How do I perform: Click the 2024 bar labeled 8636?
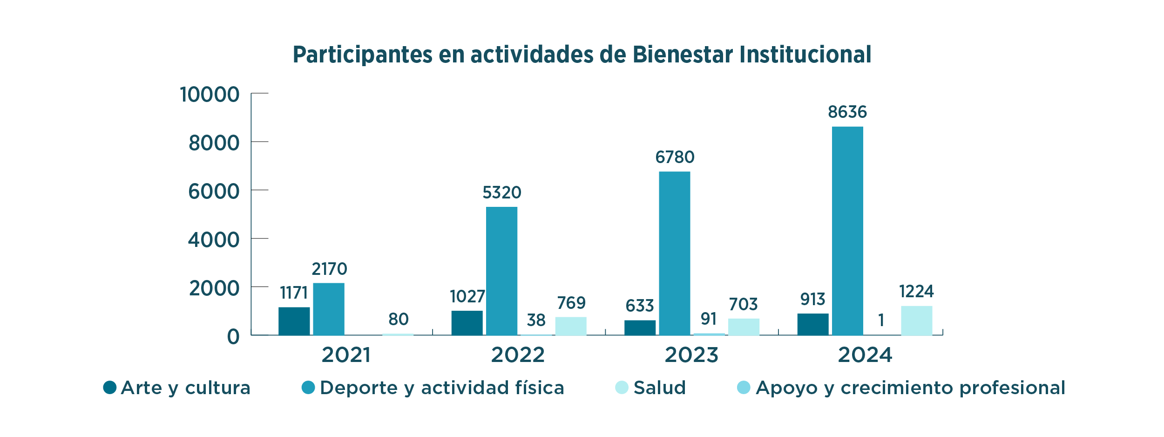click(847, 231)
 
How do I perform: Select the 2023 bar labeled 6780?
click(675, 253)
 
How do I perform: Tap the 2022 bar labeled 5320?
click(501, 271)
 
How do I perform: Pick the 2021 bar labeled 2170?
click(329, 309)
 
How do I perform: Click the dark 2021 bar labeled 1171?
click(294, 321)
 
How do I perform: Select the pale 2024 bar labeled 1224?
click(916, 321)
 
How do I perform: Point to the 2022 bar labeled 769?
click(571, 326)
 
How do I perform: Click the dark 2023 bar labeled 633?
click(640, 328)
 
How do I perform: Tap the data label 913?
click(812, 299)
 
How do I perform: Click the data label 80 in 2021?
click(398, 320)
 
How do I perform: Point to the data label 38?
click(536, 321)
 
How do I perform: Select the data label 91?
click(709, 319)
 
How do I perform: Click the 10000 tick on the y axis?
click(210, 95)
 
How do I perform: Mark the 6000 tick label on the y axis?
click(214, 191)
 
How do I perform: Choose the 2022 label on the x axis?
click(518, 355)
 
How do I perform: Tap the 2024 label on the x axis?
click(865, 355)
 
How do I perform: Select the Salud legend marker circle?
click(622, 387)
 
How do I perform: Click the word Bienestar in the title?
click(683, 55)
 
